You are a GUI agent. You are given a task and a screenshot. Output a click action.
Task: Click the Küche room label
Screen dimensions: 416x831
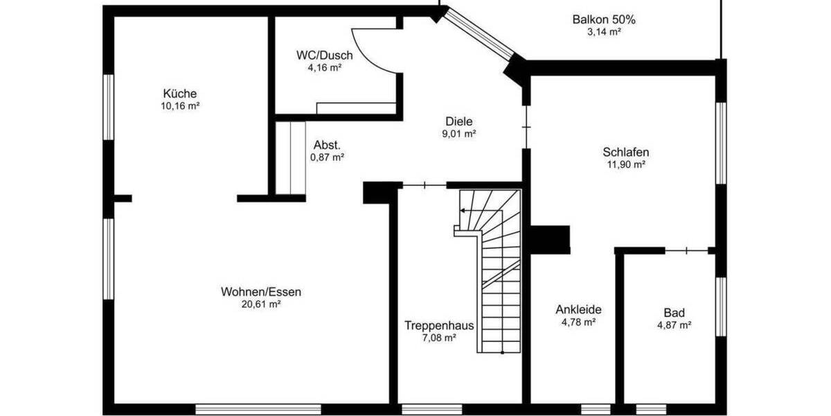tap(180, 94)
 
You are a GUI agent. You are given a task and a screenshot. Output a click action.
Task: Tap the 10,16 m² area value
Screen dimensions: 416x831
tap(180, 106)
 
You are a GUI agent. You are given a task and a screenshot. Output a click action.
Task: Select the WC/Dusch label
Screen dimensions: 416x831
tap(325, 55)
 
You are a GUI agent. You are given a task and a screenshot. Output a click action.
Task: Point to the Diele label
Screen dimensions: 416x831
tap(459, 121)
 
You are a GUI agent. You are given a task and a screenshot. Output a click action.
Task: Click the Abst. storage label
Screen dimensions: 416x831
tap(327, 145)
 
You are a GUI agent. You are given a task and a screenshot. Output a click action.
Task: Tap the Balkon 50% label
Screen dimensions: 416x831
tap(604, 19)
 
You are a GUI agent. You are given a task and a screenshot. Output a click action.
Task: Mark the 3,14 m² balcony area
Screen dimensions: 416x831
tap(604, 32)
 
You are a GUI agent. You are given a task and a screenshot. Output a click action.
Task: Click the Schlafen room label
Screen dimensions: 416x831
tap(626, 153)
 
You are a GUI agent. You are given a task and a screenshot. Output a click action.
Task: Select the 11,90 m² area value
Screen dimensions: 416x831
tap(626, 165)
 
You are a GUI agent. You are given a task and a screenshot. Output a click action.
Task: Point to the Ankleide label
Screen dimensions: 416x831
tap(578, 310)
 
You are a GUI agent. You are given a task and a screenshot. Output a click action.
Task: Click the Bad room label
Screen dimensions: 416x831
tap(674, 313)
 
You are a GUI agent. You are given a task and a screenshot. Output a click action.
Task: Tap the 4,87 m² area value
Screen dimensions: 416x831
tap(674, 325)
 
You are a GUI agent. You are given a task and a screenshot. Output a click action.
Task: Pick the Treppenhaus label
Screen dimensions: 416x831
tap(440, 325)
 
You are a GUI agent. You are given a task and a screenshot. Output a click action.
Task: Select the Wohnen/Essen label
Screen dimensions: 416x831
tap(261, 292)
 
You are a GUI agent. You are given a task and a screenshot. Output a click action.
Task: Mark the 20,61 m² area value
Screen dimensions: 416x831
tap(261, 304)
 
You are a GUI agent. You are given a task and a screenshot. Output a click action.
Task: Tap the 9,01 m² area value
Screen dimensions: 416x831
tap(459, 134)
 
